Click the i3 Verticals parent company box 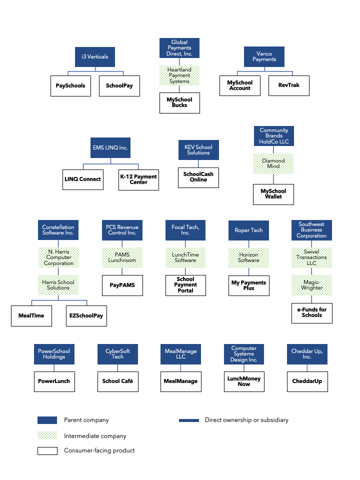point(94,57)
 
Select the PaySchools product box point(70,85)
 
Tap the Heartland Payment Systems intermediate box point(179,75)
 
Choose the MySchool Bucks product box point(179,102)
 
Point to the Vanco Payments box point(264,56)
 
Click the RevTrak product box point(288,85)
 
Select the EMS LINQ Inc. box point(110,148)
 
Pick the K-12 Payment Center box point(138,179)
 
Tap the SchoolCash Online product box point(198,177)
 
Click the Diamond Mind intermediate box point(273,163)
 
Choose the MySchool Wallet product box point(273,194)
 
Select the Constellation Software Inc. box point(58,230)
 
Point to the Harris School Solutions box point(58,285)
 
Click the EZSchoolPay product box point(86,316)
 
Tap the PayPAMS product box point(122,285)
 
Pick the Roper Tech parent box point(248,230)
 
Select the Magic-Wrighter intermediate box point(311,285)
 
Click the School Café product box point(117,381)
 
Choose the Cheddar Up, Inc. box point(307,354)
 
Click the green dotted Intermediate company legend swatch point(47,435)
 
